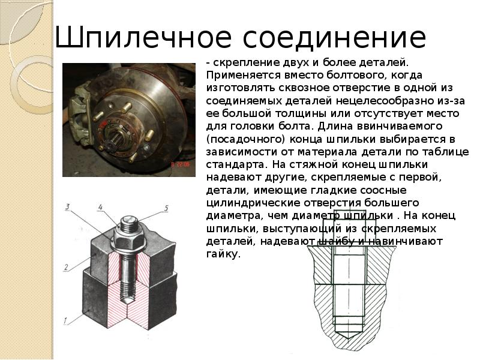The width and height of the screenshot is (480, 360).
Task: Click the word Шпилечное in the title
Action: tap(143, 38)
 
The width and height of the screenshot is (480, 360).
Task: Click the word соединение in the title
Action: tap(335, 38)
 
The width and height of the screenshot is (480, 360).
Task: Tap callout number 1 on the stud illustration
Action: tap(65, 321)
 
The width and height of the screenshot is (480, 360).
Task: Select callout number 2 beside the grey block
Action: tap(66, 267)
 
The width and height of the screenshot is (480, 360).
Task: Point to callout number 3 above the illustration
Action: tap(68, 206)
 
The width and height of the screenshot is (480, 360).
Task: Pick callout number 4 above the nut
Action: tap(100, 207)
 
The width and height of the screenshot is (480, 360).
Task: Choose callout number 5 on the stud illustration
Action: tap(166, 208)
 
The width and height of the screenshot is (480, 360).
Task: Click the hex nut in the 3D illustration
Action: tap(130, 238)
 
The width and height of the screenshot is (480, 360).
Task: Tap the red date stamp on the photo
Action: tap(181, 164)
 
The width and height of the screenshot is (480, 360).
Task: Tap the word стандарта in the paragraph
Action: tap(236, 164)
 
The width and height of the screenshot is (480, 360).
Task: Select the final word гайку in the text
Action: tap(223, 254)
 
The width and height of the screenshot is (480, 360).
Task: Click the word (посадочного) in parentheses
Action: tap(246, 139)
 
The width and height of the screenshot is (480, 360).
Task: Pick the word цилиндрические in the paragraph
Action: tap(253, 203)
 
